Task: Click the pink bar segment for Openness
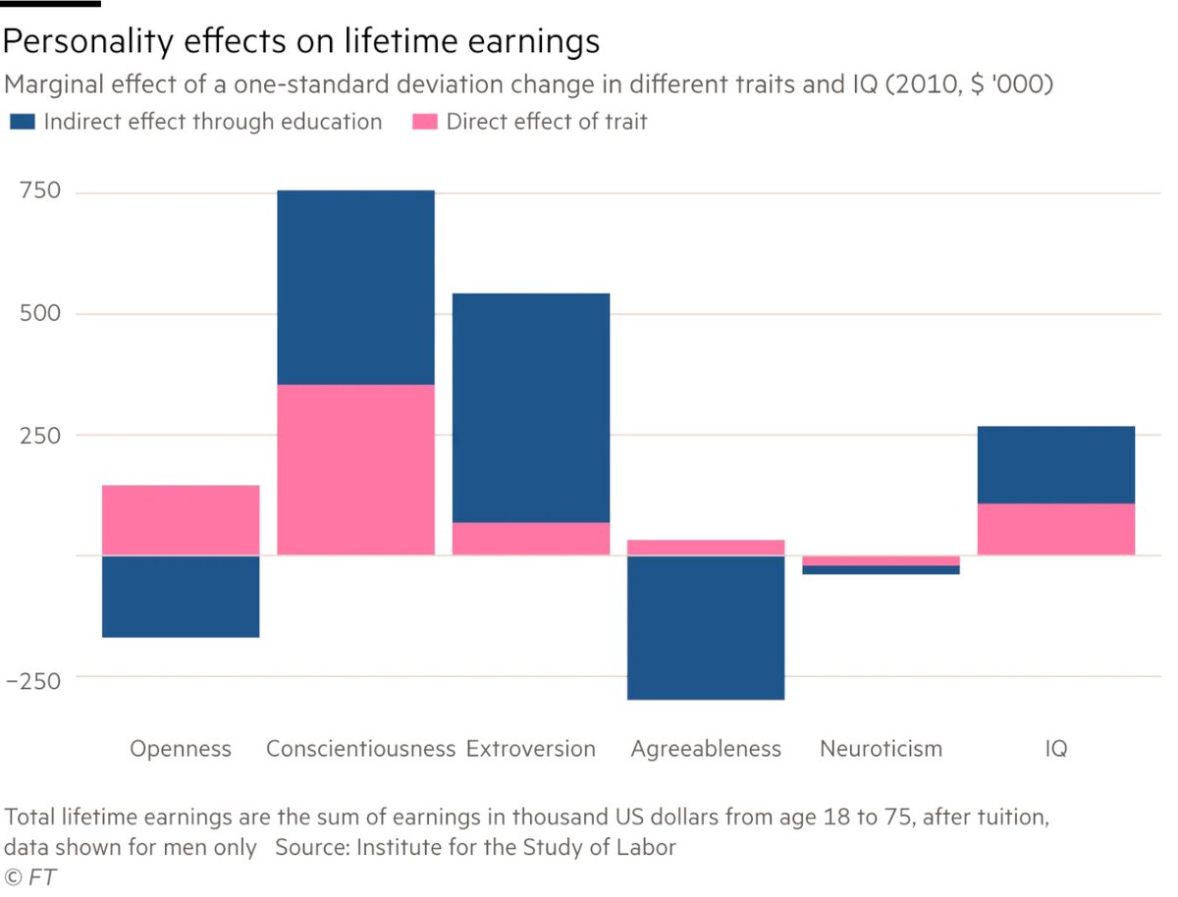(181, 520)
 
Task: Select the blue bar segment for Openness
(181, 597)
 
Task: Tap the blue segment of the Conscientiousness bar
(355, 287)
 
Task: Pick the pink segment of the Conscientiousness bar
(355, 469)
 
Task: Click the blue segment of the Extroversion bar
(531, 407)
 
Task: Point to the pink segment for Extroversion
(531, 539)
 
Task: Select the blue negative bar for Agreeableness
(706, 627)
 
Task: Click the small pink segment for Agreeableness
(706, 548)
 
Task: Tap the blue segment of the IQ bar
(1056, 464)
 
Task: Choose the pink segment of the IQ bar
(1056, 529)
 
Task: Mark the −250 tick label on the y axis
(33, 678)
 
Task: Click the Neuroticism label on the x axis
(881, 749)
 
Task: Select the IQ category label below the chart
(1056, 749)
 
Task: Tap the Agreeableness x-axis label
(706, 749)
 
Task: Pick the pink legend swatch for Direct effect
(423, 123)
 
